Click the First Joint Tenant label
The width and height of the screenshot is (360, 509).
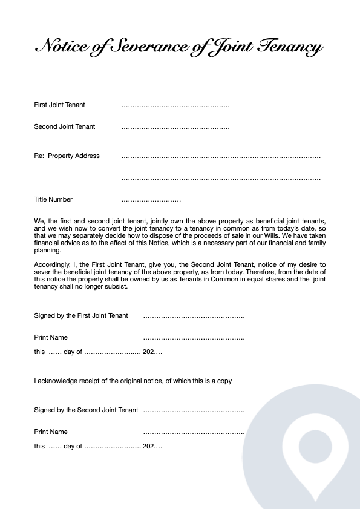59,105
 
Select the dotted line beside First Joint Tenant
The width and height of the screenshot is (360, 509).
175,106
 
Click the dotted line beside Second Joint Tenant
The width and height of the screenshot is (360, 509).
175,128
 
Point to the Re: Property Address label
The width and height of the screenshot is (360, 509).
67,156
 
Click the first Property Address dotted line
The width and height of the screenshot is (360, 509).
221,157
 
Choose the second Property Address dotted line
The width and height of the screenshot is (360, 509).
221,179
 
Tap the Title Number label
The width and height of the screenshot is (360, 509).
53,199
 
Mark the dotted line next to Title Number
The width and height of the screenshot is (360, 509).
151,200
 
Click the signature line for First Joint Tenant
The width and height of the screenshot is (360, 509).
194,317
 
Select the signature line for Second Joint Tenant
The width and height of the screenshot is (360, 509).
194,411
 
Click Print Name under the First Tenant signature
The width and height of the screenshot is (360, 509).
51,337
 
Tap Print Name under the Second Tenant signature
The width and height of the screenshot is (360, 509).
51,432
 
